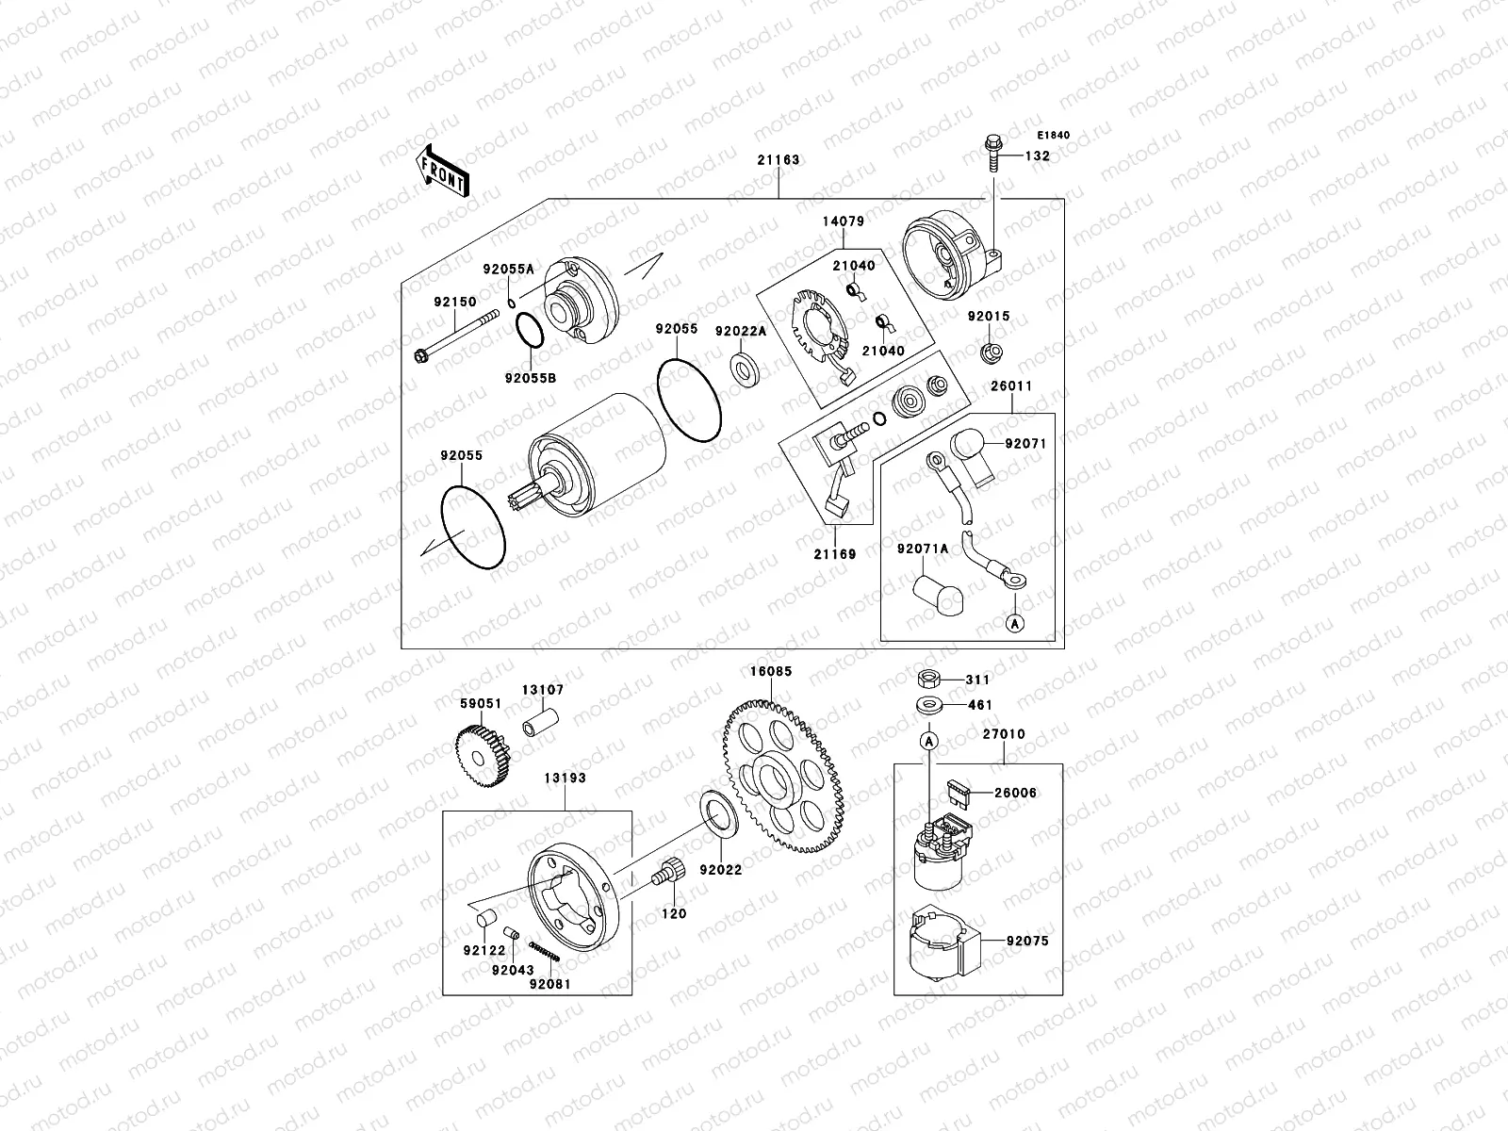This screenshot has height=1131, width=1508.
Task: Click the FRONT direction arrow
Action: pos(442,172)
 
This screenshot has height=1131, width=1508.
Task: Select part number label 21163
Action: pos(779,160)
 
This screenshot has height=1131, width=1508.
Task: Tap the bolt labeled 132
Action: pos(992,153)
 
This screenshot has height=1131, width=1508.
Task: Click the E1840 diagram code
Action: pos(1053,136)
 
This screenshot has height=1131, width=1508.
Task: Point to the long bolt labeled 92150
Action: pos(456,336)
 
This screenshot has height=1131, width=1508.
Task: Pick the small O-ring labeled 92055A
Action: pos(511,303)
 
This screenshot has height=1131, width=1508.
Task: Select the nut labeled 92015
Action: pos(992,352)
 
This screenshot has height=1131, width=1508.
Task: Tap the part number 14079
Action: pos(844,221)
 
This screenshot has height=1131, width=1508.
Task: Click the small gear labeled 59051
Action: pos(483,755)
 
